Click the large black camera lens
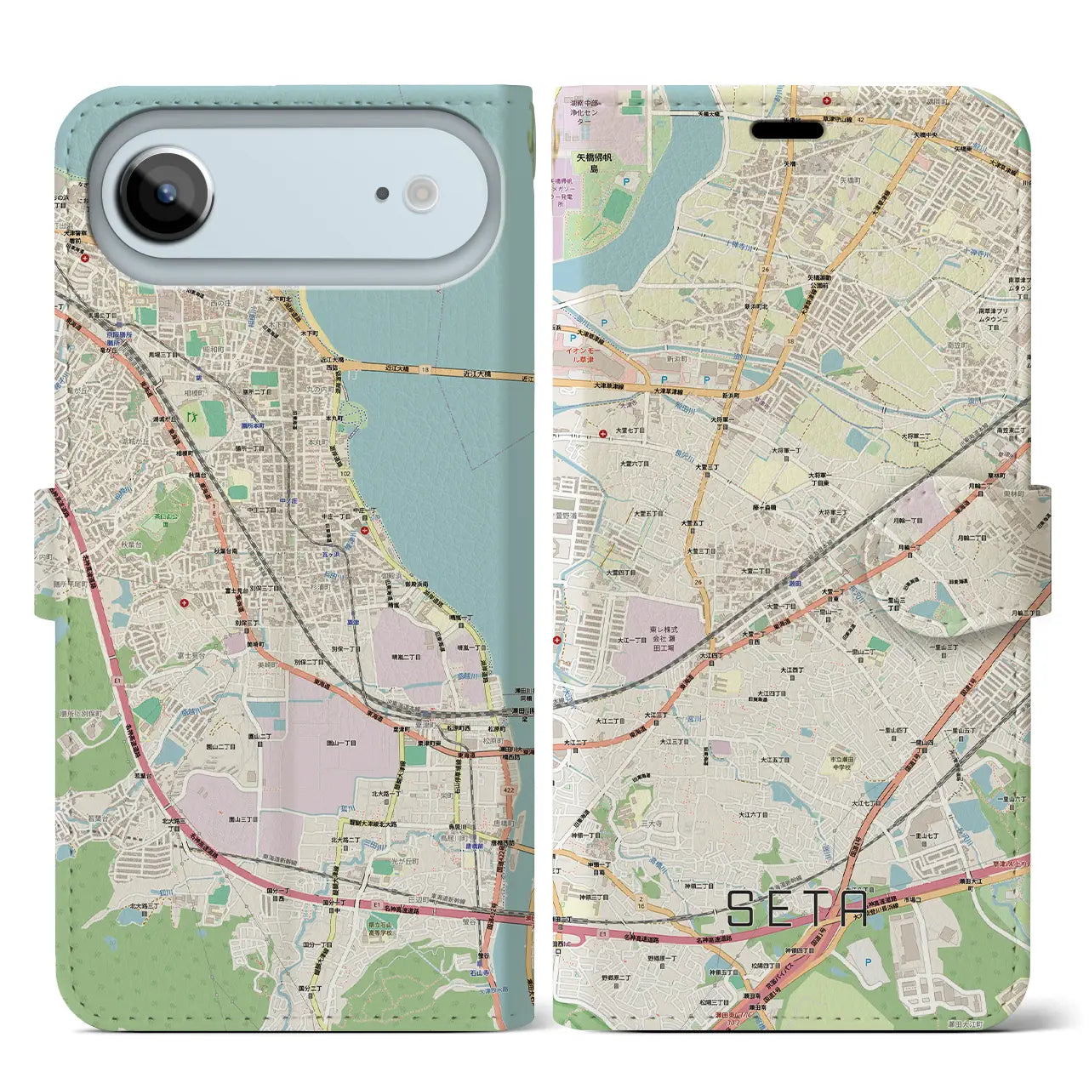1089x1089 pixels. pos(166,193)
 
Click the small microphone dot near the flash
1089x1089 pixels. pos(383,194)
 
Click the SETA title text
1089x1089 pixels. pos(797,909)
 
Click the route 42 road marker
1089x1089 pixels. pos(884,121)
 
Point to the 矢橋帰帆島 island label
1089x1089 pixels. pos(594,162)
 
